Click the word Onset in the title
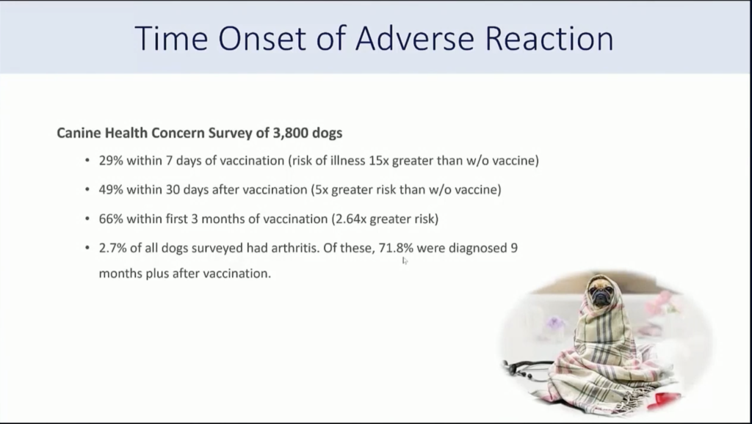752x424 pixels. pos(262,38)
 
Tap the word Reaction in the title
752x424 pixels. pos(549,38)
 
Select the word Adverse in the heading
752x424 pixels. pos(415,38)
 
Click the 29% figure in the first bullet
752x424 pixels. pos(111,161)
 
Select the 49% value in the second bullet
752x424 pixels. pos(111,190)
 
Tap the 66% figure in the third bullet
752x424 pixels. pos(111,219)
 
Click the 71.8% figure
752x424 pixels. pos(396,248)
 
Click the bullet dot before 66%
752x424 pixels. pos(87,219)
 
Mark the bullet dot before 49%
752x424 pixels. pos(87,190)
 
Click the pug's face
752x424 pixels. pos(601,292)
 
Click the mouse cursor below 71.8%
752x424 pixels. pos(405,260)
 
